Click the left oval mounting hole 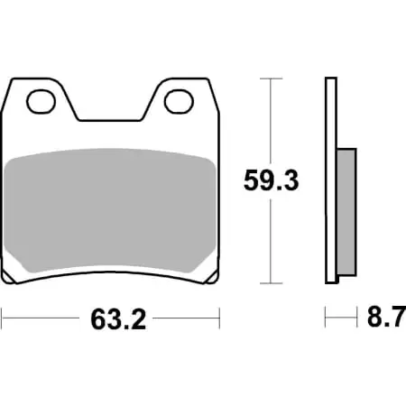pyautogui.click(x=40, y=101)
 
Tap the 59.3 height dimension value pyautogui.click(x=272, y=181)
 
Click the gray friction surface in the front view pyautogui.click(x=110, y=212)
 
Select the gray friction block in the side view pyautogui.click(x=346, y=212)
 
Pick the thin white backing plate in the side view pyautogui.click(x=331, y=180)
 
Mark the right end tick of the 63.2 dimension pyautogui.click(x=219, y=318)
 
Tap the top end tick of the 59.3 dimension pyautogui.click(x=272, y=79)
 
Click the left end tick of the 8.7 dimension pyautogui.click(x=326, y=318)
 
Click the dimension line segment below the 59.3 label pyautogui.click(x=272, y=239)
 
